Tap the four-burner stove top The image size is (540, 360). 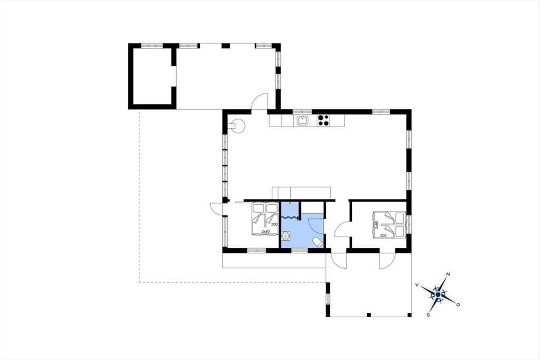tap(323, 121)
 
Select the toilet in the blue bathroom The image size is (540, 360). tap(318, 243)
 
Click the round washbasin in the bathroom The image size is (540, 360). tap(286, 236)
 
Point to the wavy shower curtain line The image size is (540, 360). tap(290, 217)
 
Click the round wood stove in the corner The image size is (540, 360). tap(238, 126)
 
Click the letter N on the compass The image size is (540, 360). tap(448, 274)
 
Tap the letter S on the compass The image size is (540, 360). tap(428, 315)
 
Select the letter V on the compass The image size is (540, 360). tap(417, 285)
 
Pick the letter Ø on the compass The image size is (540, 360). tap(458, 305)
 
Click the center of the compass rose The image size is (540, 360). tap(438, 294)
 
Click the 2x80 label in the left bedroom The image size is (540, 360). tap(265, 231)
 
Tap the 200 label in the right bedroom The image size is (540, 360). tap(383, 236)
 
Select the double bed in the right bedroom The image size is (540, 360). tap(390, 225)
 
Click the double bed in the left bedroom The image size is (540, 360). tap(265, 219)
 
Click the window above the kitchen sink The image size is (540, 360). tap(302, 112)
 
